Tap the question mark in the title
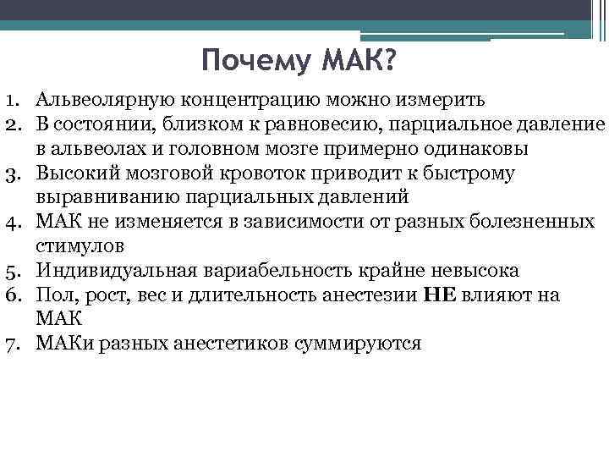396,62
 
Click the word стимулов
80,247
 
